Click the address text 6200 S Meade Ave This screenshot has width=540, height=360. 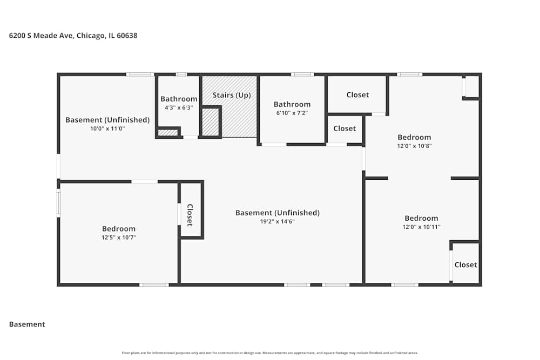(x=41, y=36)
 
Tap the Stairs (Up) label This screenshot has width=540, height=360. (x=232, y=95)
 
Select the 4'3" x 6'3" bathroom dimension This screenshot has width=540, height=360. (x=178, y=108)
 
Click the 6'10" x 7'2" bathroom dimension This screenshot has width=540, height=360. (x=292, y=113)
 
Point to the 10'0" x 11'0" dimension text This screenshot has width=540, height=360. (x=107, y=128)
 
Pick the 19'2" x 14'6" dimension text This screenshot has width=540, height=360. (x=277, y=221)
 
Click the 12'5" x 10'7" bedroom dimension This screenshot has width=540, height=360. (x=118, y=237)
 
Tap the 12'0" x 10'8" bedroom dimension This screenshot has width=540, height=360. (x=414, y=146)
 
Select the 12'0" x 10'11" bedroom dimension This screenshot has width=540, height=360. (x=422, y=227)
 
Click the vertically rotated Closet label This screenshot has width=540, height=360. (x=190, y=215)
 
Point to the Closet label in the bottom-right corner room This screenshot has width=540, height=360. (x=465, y=264)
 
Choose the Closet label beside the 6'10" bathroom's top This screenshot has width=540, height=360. (x=357, y=95)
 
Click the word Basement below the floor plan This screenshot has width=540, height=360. (x=27, y=324)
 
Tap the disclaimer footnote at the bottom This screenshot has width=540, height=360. (x=269, y=353)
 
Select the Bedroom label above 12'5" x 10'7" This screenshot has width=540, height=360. (x=118, y=229)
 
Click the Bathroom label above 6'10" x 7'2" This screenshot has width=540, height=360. (x=292, y=104)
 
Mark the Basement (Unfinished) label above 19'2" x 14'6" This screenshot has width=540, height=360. (x=277, y=213)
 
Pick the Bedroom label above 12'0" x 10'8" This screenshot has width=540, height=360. (x=414, y=137)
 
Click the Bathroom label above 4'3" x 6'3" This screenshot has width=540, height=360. (x=179, y=99)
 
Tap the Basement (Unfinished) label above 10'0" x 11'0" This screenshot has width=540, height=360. (x=107, y=120)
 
